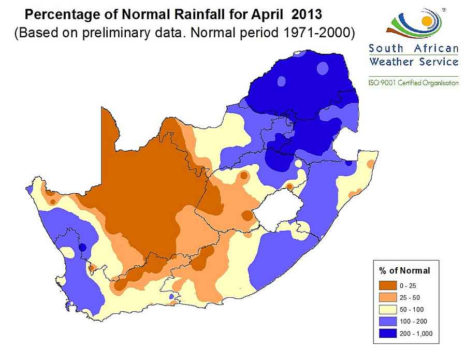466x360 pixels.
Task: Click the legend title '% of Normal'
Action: (404, 270)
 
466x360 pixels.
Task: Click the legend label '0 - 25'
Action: (407, 285)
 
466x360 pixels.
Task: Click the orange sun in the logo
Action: (427, 21)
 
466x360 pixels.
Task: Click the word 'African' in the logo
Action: (436, 49)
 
